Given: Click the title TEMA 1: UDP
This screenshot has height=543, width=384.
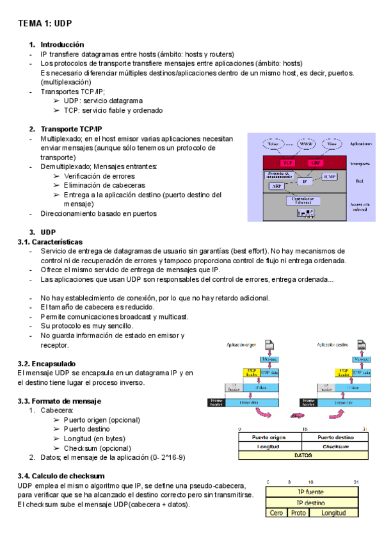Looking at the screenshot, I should pos(45,23).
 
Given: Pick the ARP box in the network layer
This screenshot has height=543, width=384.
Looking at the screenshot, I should pos(276,186).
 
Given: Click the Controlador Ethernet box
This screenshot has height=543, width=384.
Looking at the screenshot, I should pos(303,200).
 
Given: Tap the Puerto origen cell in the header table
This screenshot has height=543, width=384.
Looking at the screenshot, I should pos(269,437).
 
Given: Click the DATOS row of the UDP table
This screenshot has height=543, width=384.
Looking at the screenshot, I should pos(303,455).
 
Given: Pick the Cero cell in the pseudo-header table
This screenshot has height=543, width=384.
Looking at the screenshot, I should pos(276,513).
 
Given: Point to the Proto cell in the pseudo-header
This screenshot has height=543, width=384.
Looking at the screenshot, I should pos(298,513).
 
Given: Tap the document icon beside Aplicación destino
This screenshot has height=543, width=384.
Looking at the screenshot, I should pos(362,345).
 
